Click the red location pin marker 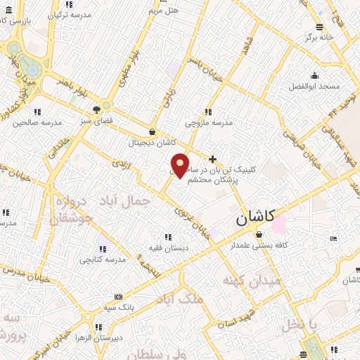click(x=181, y=165)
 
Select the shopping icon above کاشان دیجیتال click(x=153, y=131)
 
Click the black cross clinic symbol click(x=213, y=160)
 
